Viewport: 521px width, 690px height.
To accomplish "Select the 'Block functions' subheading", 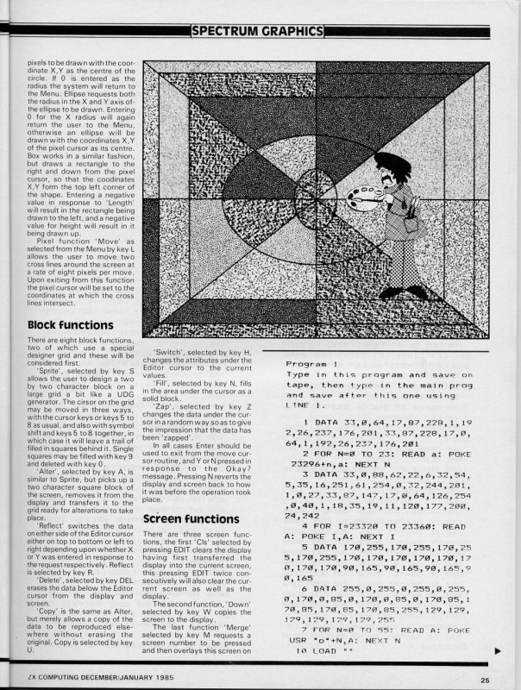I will [x=70, y=325].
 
